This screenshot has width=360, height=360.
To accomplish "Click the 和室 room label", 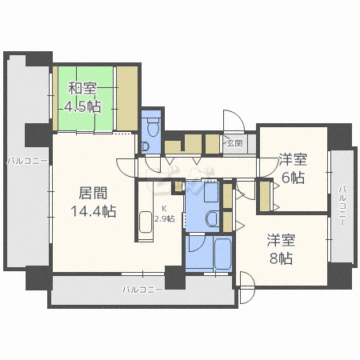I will [83, 89].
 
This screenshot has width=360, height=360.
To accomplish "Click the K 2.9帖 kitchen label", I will [164, 214].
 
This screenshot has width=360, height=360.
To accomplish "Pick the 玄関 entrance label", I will [234, 144].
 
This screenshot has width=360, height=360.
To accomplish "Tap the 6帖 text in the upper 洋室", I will [293, 178].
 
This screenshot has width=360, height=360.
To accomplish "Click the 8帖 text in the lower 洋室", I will [281, 258].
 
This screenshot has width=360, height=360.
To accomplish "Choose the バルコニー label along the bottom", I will [143, 289].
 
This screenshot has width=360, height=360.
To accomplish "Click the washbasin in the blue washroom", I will [211, 218].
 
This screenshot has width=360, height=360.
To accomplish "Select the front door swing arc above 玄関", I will [233, 121].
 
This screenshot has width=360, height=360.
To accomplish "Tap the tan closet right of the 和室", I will [127, 97].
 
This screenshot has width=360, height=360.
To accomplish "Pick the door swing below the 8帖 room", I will [246, 282].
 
